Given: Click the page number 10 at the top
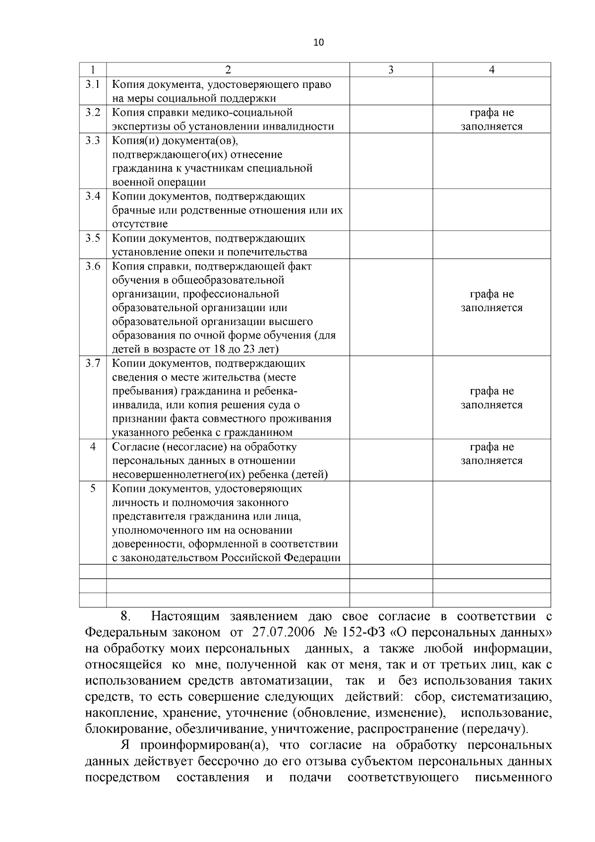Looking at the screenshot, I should (x=318, y=43).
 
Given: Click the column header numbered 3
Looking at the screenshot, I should (x=391, y=70).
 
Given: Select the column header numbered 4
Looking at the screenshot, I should (x=491, y=70).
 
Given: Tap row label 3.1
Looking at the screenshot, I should (x=93, y=84).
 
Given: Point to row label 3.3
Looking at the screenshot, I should (x=93, y=140).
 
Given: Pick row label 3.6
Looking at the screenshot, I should (x=93, y=266).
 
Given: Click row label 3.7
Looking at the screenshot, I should (x=93, y=364).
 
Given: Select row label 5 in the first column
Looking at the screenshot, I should (x=93, y=489).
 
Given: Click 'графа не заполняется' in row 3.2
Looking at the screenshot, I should (x=491, y=120).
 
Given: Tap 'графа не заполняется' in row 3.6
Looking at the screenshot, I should (x=491, y=301).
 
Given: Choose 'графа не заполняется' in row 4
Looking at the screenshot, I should (x=491, y=454).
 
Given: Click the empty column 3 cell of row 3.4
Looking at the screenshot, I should (x=391, y=209).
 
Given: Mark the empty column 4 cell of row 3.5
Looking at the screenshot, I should (x=491, y=245).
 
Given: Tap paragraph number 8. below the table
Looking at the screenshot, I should (x=125, y=617).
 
